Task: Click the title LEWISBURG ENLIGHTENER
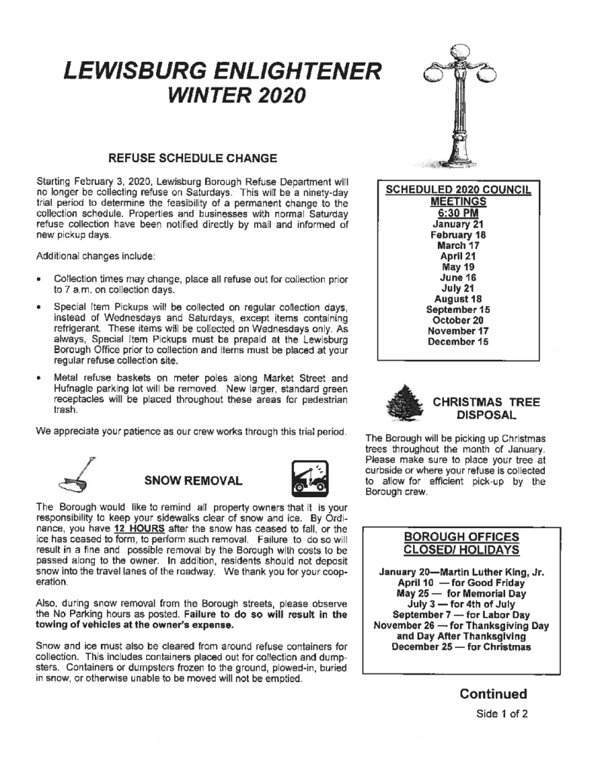222,72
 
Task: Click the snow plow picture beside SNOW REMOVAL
308,479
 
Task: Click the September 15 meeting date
458,309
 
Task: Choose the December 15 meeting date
458,341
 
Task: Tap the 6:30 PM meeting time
458,213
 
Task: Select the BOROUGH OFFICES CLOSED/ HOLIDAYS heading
459,542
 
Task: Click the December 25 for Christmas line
459,646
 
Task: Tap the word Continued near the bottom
493,693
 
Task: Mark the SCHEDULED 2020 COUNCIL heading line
458,191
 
